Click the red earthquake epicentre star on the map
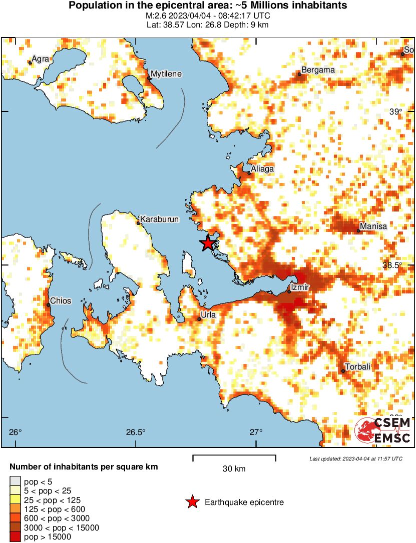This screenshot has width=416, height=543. point(208,244)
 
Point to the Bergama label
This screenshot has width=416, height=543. point(317,70)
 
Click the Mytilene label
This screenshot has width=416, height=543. point(166,74)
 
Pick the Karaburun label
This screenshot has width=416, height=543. point(159,219)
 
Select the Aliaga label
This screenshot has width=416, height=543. point(262,169)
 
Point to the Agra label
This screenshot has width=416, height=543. point(40,59)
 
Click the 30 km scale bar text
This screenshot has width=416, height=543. point(234,468)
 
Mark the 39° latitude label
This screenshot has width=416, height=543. point(395,111)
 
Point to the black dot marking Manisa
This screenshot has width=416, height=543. point(359,230)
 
